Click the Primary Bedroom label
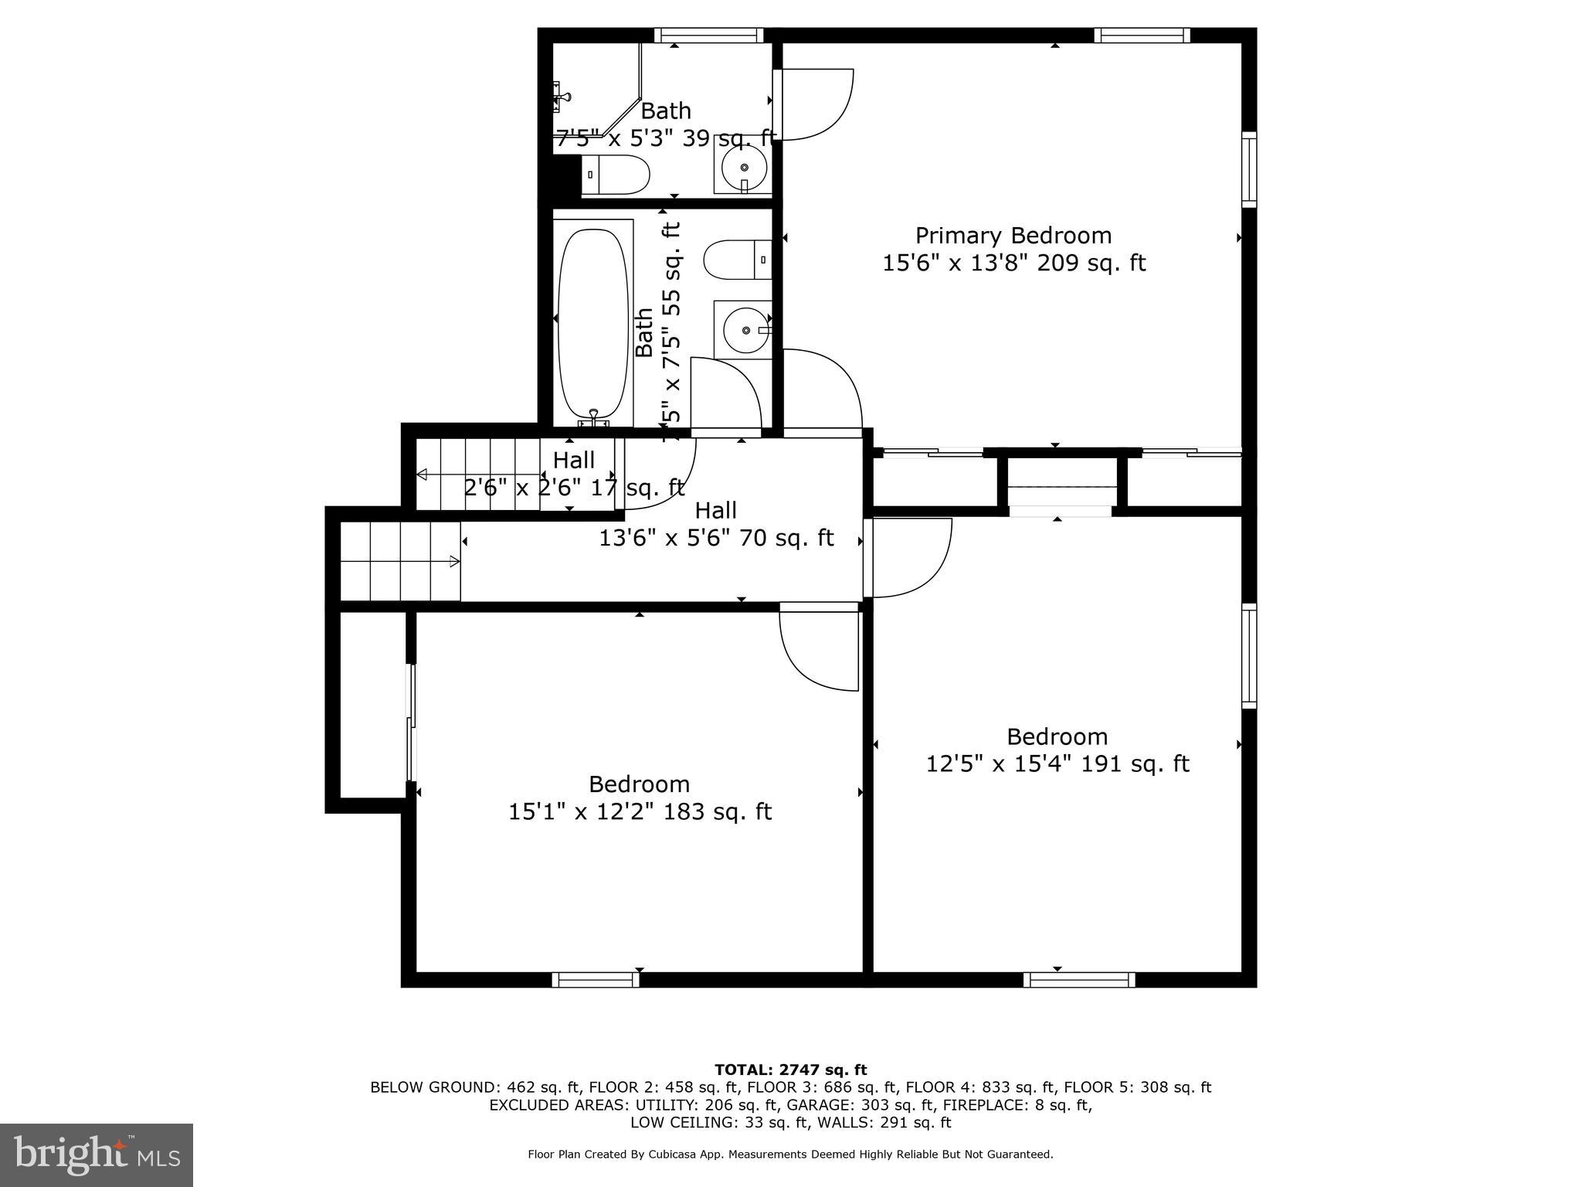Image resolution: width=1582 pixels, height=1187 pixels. click(x=1013, y=236)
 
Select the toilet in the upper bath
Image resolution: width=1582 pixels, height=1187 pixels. click(x=615, y=175)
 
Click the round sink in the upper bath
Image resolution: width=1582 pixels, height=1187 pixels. click(x=744, y=167)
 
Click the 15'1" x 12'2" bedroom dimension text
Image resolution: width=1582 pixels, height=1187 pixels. click(x=640, y=812)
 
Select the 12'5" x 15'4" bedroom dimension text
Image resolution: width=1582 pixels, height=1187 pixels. click(x=1057, y=764)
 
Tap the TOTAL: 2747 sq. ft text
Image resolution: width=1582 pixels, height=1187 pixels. click(x=790, y=1070)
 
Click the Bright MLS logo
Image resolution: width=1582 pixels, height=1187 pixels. click(x=97, y=1155)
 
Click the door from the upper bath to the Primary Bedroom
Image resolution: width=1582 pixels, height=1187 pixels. click(x=815, y=105)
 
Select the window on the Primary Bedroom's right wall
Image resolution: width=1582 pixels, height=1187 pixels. click(x=1248, y=169)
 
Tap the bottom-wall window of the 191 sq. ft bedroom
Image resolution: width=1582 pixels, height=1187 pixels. click(x=1079, y=980)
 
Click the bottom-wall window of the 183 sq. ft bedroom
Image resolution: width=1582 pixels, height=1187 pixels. click(x=596, y=980)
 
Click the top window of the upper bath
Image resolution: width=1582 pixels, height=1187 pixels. click(x=708, y=35)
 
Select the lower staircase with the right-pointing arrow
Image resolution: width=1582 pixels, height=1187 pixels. click(x=400, y=562)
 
